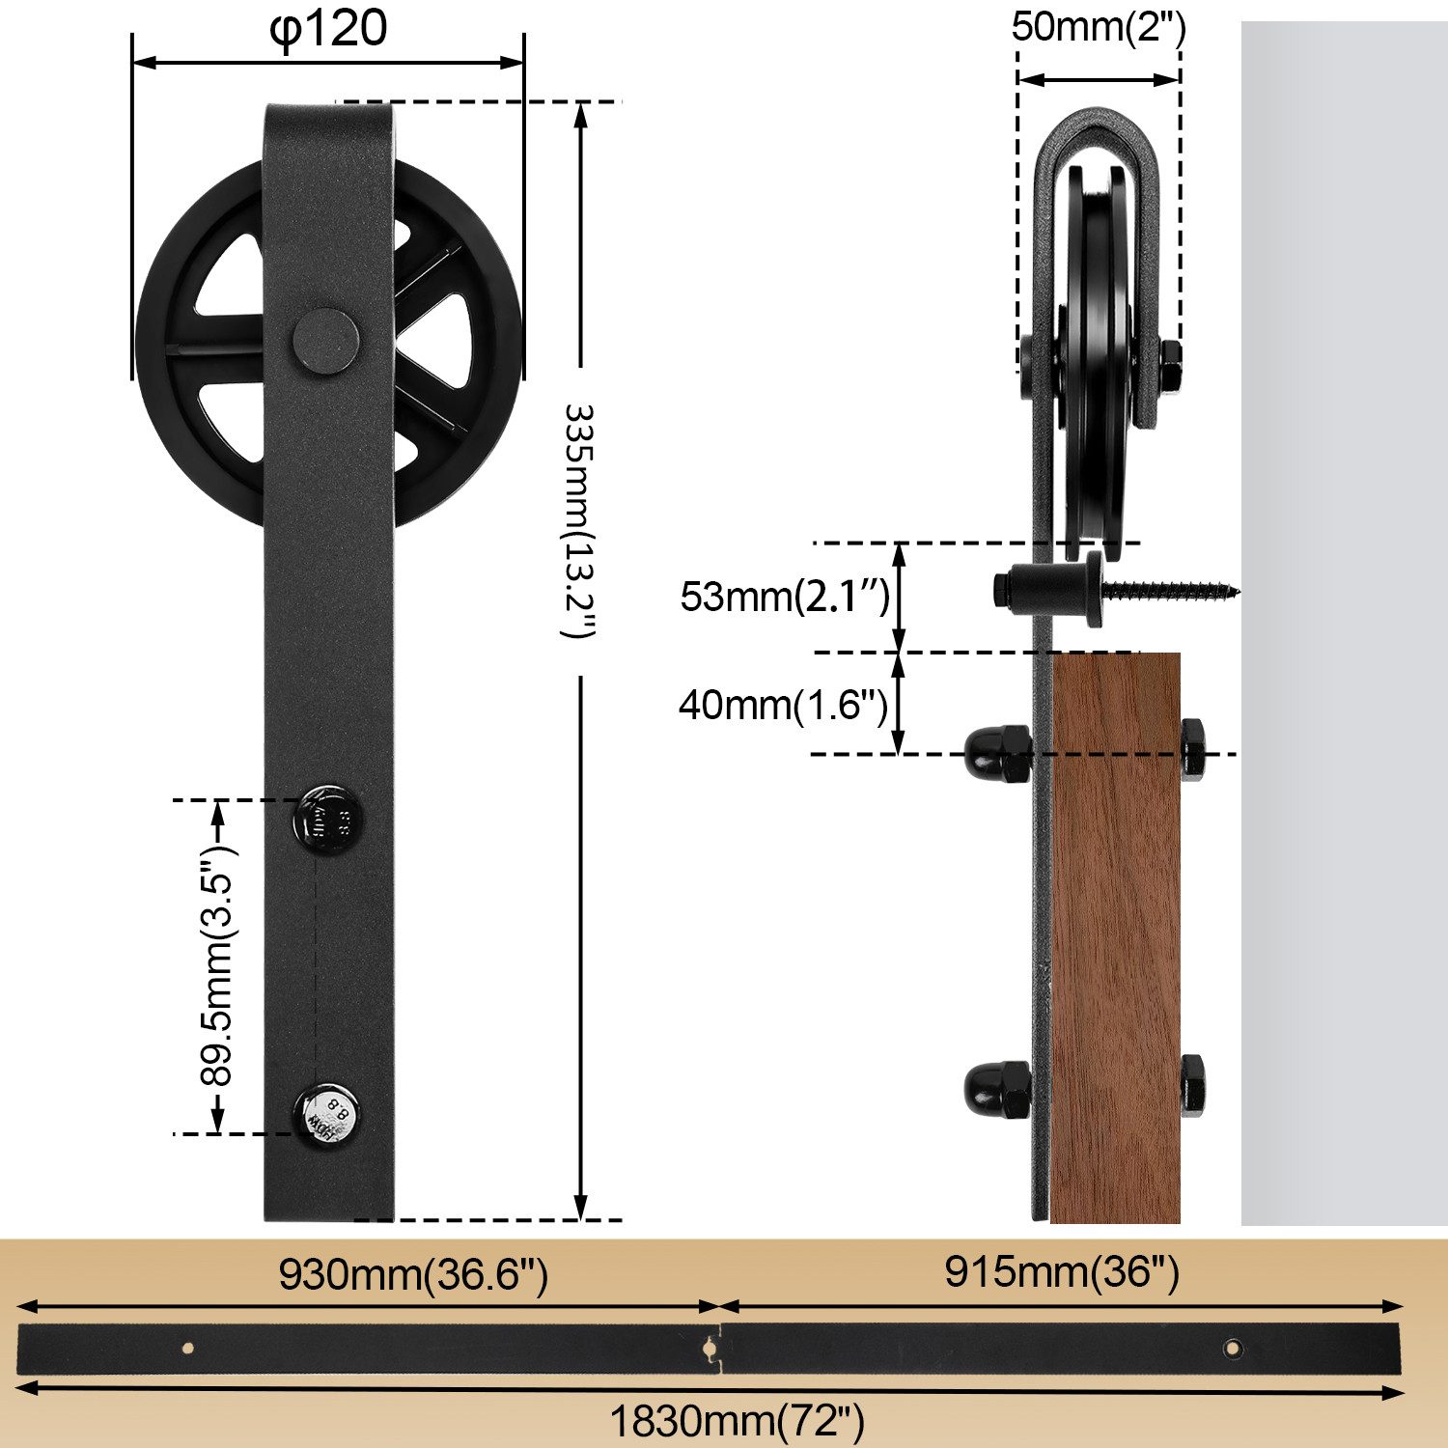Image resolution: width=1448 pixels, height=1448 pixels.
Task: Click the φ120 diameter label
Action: tap(328, 29)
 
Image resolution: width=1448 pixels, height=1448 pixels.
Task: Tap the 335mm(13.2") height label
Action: tap(580, 521)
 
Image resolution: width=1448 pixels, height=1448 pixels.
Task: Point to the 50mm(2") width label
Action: tap(1099, 26)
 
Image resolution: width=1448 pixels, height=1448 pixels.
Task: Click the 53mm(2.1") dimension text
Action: tap(785, 597)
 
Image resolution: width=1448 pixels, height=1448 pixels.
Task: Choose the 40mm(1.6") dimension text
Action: tap(783, 705)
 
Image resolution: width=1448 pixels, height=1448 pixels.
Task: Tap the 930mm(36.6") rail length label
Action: tap(413, 1274)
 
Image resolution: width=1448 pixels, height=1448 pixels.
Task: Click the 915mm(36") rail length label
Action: tap(1062, 1272)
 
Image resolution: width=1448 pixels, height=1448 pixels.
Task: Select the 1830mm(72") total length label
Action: tap(737, 1421)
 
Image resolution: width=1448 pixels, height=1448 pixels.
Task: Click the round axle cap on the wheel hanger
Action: tap(326, 341)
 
